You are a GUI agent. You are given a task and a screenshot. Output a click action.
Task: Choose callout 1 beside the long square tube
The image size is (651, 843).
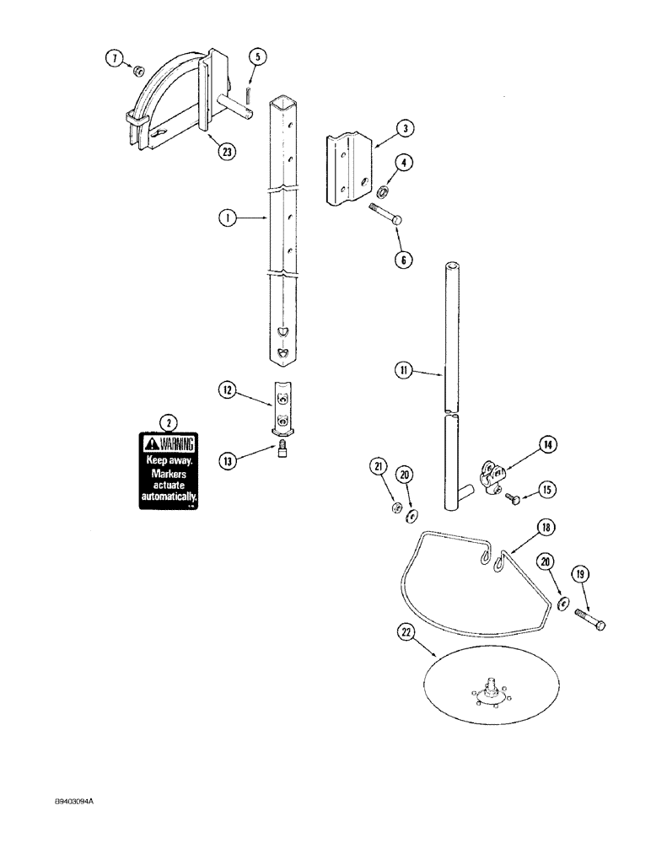(x=225, y=218)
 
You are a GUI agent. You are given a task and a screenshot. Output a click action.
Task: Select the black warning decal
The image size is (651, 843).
(x=169, y=471)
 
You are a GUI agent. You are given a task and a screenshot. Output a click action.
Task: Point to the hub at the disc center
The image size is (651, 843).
(x=489, y=691)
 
